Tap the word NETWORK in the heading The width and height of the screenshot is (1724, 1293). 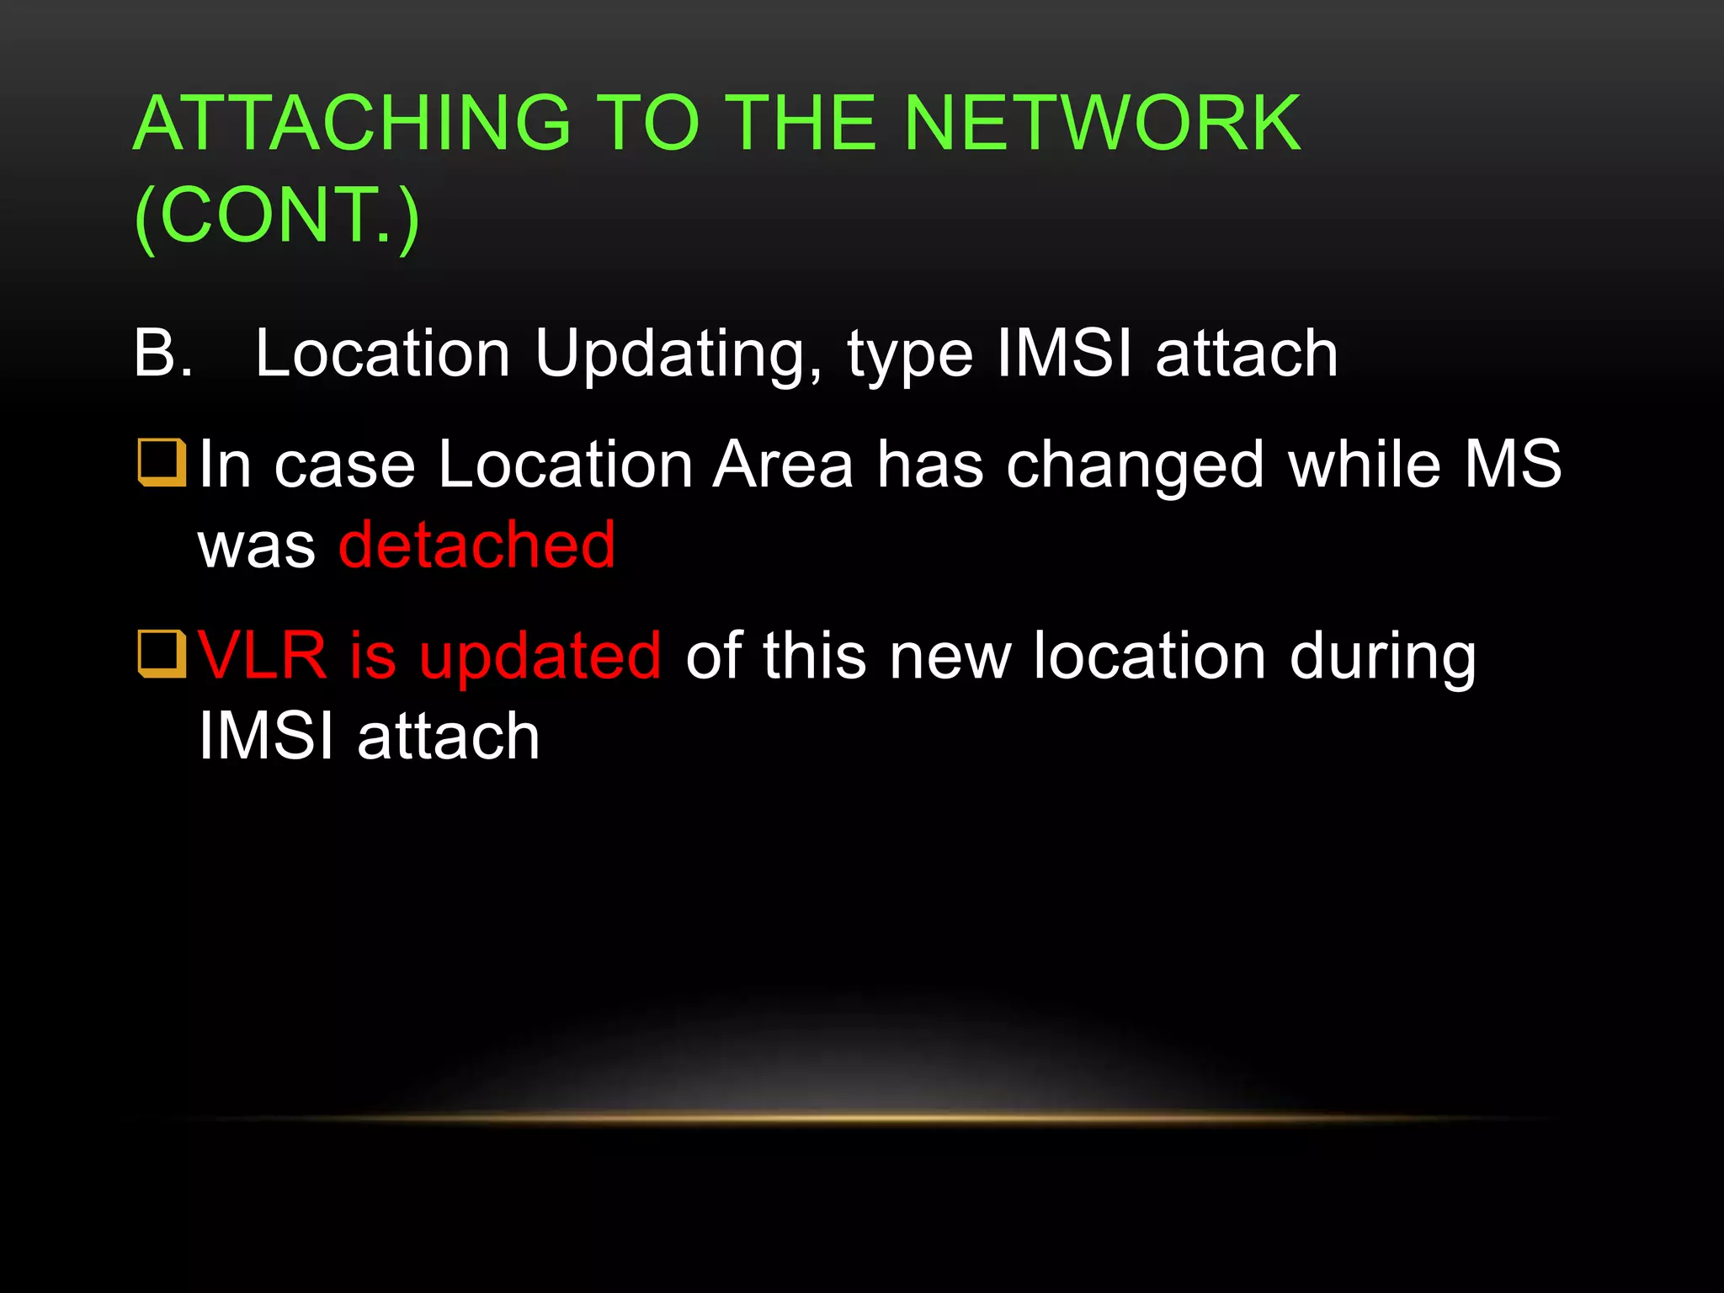click(x=1102, y=124)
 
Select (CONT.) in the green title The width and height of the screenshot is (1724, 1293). click(x=277, y=215)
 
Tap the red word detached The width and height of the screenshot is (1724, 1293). click(x=477, y=545)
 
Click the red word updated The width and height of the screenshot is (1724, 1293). click(x=540, y=657)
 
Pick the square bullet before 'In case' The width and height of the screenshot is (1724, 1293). click(x=162, y=463)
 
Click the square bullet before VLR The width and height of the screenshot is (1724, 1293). click(x=162, y=654)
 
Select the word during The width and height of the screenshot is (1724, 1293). click(x=1383, y=657)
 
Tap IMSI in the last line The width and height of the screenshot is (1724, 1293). click(x=266, y=736)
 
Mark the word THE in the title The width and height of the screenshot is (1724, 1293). click(x=801, y=124)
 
